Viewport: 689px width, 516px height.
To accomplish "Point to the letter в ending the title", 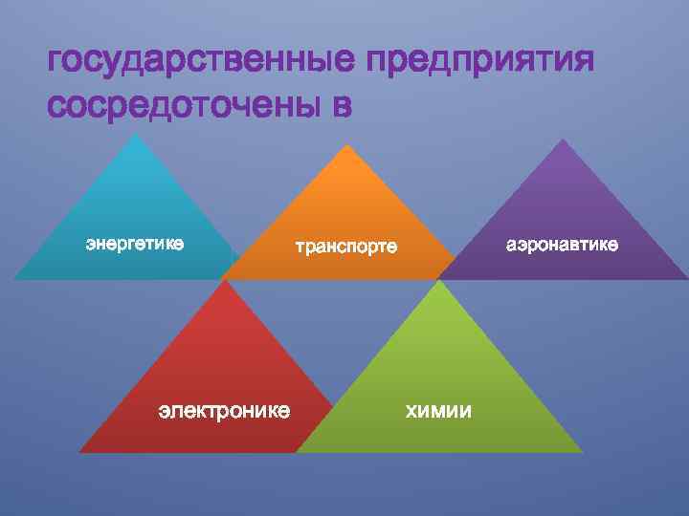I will click(x=342, y=106).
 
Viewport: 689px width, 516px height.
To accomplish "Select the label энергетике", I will click(x=135, y=244).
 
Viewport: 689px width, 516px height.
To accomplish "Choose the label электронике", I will click(x=224, y=411).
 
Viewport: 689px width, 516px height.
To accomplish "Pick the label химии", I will click(x=439, y=411).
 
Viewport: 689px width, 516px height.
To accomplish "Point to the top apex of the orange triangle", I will click(x=345, y=145).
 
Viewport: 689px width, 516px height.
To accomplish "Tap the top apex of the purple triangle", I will click(x=563, y=140).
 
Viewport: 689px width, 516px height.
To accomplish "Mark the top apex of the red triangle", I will click(x=222, y=280).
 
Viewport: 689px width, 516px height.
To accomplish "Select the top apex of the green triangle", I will click(x=439, y=280).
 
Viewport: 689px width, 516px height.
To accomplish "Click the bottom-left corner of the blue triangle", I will click(x=13, y=278).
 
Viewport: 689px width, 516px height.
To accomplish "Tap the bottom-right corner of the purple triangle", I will click(x=686, y=278).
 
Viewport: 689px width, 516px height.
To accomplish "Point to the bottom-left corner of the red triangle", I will click(x=79, y=451).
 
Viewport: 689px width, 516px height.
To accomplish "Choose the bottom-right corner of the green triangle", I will click(x=581, y=451).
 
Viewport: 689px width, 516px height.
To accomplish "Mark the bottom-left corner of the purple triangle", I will click(x=438, y=278).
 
